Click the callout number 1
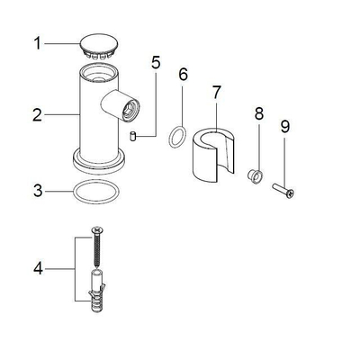pyautogui.click(x=37, y=44)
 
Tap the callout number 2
pyautogui.click(x=37, y=115)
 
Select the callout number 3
pyautogui.click(x=38, y=191)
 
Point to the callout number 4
pyautogui.click(x=38, y=269)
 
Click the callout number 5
pyautogui.click(x=156, y=62)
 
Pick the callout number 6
pyautogui.click(x=183, y=74)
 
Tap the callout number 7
pyautogui.click(x=216, y=92)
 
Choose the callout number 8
pyautogui.click(x=259, y=113)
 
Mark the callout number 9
pyautogui.click(x=285, y=126)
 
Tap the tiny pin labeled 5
pyautogui.click(x=133, y=136)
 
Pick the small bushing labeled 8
pyautogui.click(x=256, y=176)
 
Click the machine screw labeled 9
pyautogui.click(x=283, y=191)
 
